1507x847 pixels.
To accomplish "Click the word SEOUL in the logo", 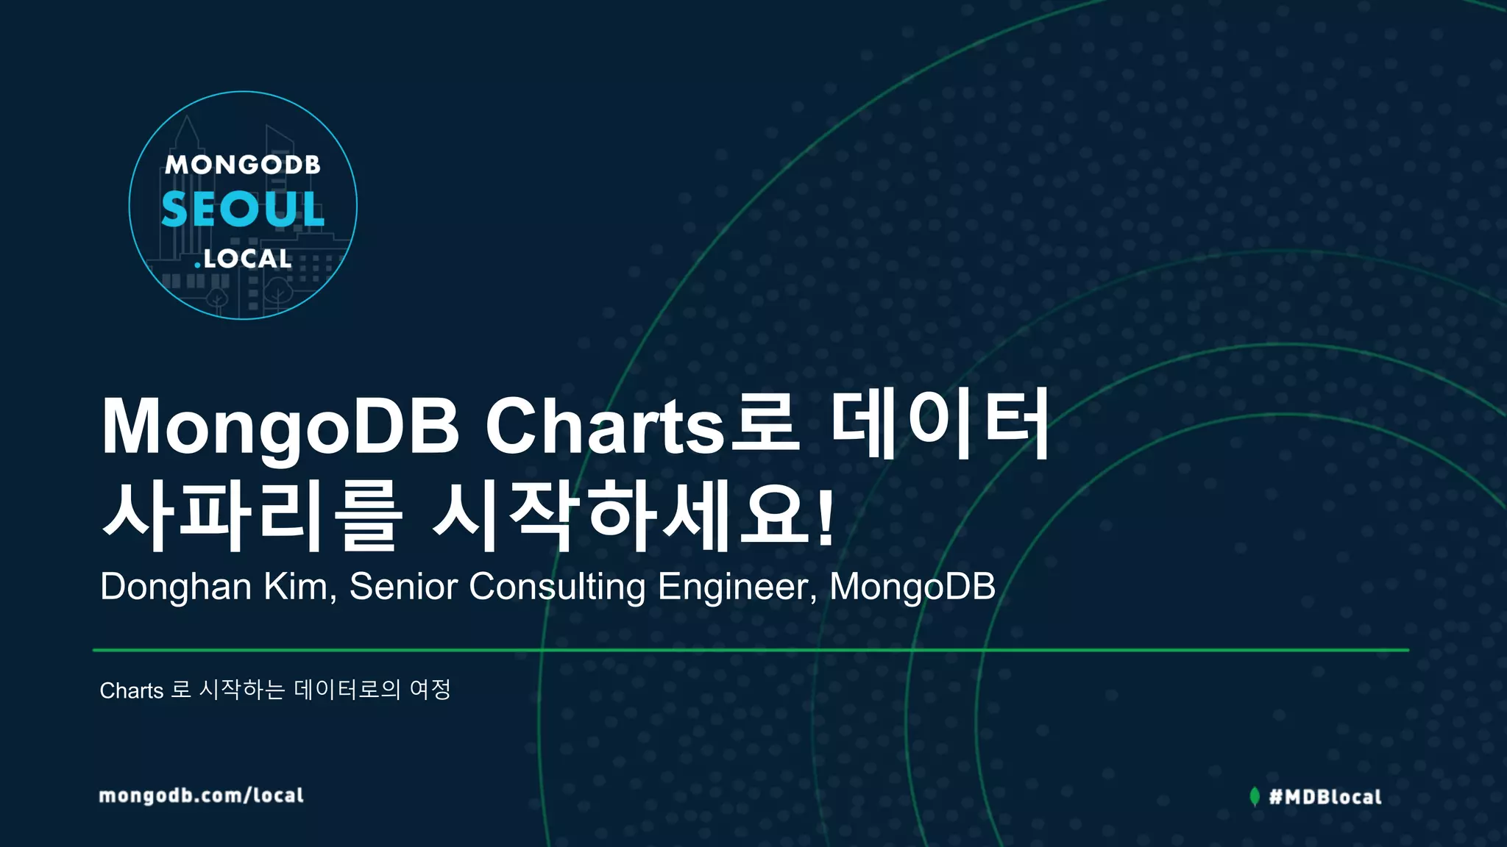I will pyautogui.click(x=243, y=210).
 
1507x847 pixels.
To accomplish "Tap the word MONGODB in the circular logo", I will pyautogui.click(x=243, y=165).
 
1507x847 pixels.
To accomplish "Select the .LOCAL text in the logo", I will pyautogui.click(x=243, y=259).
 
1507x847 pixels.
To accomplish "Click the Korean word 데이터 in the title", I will pyautogui.click(x=940, y=426).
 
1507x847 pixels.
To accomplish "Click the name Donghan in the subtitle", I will pyautogui.click(x=176, y=587).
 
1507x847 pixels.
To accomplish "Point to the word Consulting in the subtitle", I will pyautogui.click(x=557, y=587).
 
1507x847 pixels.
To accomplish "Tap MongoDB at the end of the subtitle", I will pyautogui.click(x=912, y=587).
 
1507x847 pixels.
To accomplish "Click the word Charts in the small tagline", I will pyautogui.click(x=132, y=690).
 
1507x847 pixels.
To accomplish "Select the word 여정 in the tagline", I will pyautogui.click(x=430, y=690).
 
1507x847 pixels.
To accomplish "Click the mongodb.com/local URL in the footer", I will pyautogui.click(x=201, y=796).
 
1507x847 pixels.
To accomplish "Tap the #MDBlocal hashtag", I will pyautogui.click(x=1325, y=797).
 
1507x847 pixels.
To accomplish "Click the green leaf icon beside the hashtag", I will pyautogui.click(x=1255, y=796).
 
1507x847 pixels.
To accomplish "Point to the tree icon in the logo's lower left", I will pyautogui.click(x=217, y=298).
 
